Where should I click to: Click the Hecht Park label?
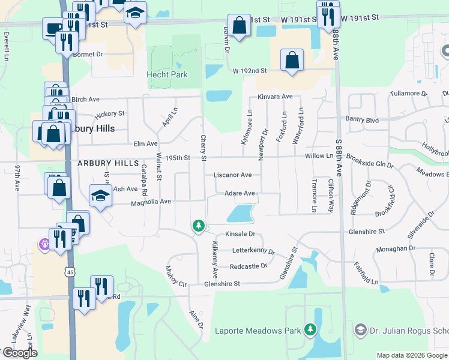pos(167,75)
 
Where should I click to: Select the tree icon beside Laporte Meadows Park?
pos(310,329)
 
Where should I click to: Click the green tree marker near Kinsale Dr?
pos(198,226)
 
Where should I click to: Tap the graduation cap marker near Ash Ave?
pos(100,194)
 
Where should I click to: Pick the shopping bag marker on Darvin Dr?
pos(239,26)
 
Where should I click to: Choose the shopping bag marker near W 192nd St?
pos(292,60)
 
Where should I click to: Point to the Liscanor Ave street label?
pos(232,175)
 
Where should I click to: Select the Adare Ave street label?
pos(240,193)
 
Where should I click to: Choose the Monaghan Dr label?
pos(396,248)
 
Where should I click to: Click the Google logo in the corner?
pos(19,353)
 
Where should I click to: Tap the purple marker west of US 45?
pos(44,244)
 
